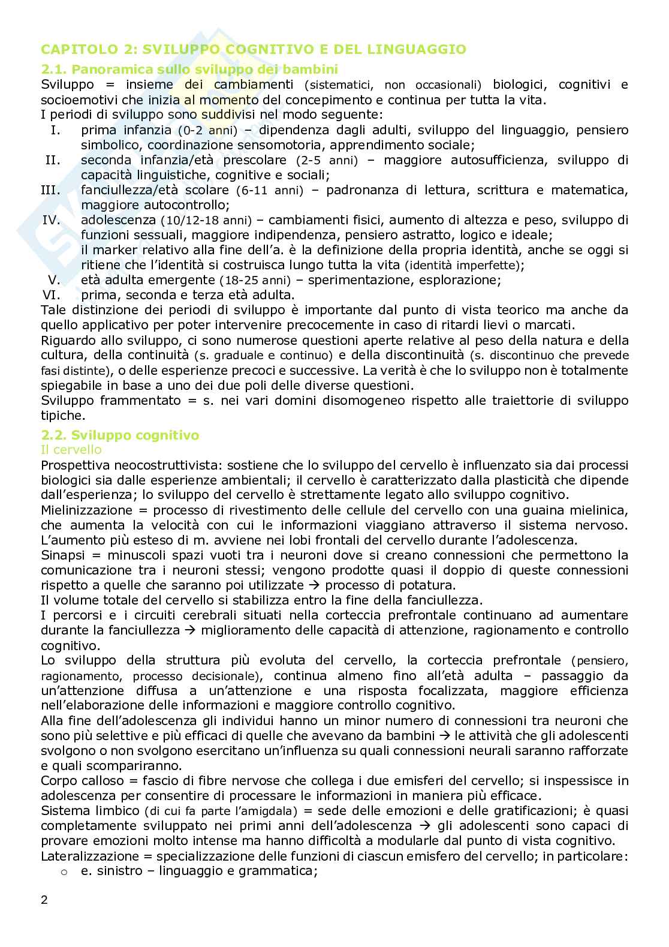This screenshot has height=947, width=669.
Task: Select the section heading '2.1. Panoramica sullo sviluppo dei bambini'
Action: click(189, 69)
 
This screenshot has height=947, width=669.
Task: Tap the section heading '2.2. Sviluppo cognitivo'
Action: click(120, 435)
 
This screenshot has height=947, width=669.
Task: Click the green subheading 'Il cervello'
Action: click(71, 450)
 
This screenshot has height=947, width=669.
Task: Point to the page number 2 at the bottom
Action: click(44, 900)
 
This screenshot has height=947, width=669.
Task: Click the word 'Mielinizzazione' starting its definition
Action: click(86, 510)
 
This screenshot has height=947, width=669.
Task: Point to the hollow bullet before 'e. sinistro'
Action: click(65, 871)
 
